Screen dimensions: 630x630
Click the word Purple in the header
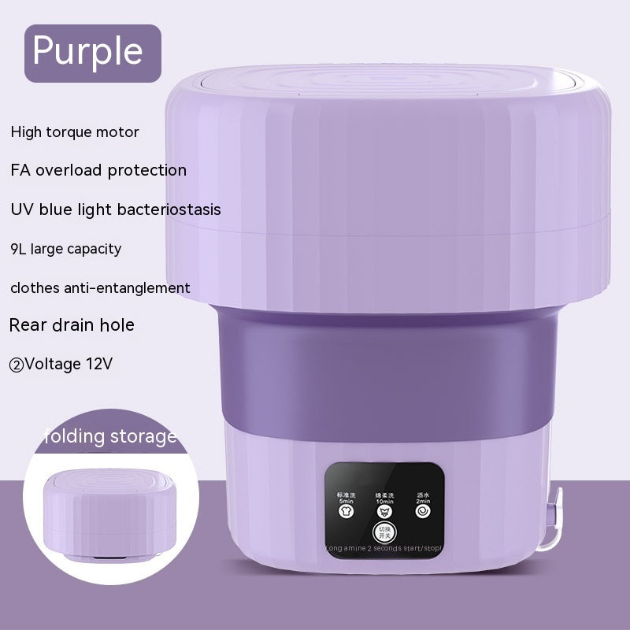87,51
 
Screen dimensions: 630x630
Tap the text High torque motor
75,132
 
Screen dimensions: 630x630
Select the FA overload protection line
98,170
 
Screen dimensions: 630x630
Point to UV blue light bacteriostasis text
115,209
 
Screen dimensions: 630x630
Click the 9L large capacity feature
66,249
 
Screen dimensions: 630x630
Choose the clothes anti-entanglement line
100,287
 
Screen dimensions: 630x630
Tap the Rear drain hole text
72,324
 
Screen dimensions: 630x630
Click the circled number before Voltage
16,365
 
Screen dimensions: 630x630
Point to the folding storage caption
111,435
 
